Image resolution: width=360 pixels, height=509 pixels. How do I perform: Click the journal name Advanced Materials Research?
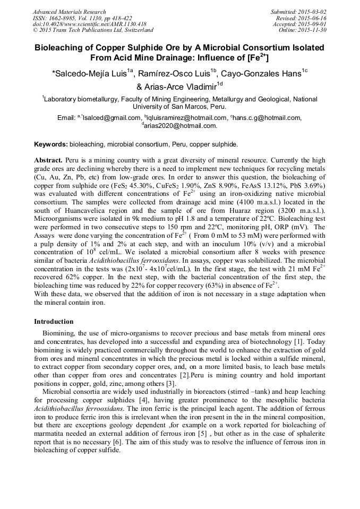pyautogui.click(x=69, y=12)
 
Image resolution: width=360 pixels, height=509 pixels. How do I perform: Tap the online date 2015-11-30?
pyautogui.click(x=314, y=30)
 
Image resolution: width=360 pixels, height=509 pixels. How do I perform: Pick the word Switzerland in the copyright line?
pyautogui.click(x=133, y=30)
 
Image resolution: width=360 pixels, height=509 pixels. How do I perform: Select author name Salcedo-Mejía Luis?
pyautogui.click(x=91, y=73)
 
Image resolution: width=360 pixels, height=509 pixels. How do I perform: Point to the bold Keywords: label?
pyautogui.click(x=51, y=144)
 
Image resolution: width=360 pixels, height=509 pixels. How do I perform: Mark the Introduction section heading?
pyautogui.click(x=54, y=321)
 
